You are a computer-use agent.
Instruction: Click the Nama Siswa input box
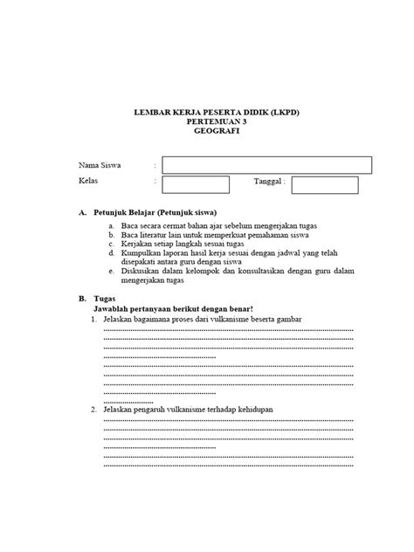pos(266,165)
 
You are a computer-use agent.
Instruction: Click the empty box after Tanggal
pos(325,184)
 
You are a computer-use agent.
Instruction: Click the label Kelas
pos(88,182)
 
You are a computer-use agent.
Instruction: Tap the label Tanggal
pos(269,182)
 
